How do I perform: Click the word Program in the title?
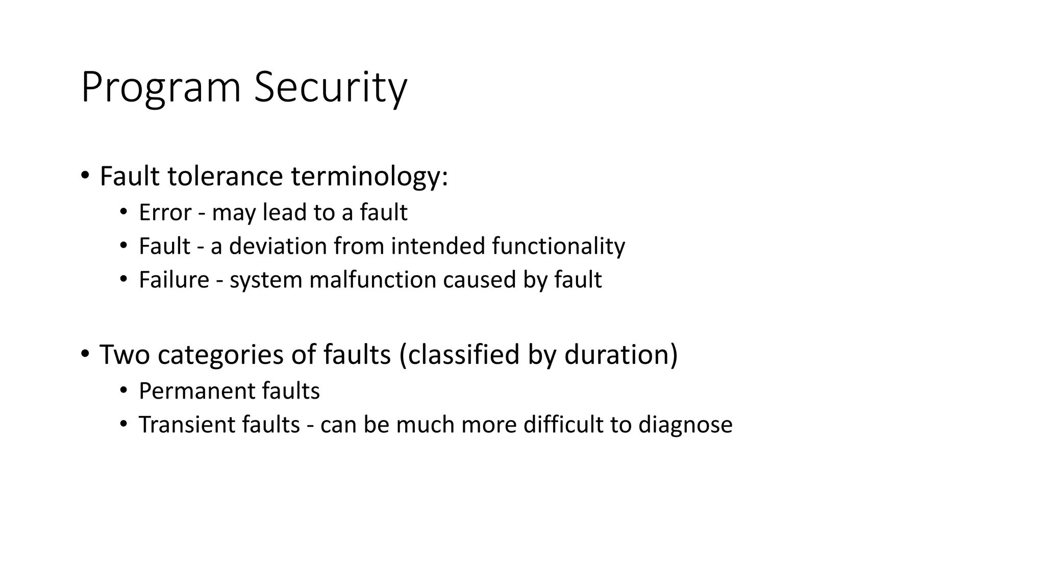pyautogui.click(x=161, y=88)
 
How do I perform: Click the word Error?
pyautogui.click(x=165, y=212)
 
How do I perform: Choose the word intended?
pyautogui.click(x=438, y=246)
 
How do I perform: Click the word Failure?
pyautogui.click(x=174, y=280)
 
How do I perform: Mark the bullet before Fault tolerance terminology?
pyautogui.click(x=85, y=176)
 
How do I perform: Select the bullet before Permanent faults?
pyautogui.click(x=123, y=391)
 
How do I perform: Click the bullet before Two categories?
pyautogui.click(x=85, y=354)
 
